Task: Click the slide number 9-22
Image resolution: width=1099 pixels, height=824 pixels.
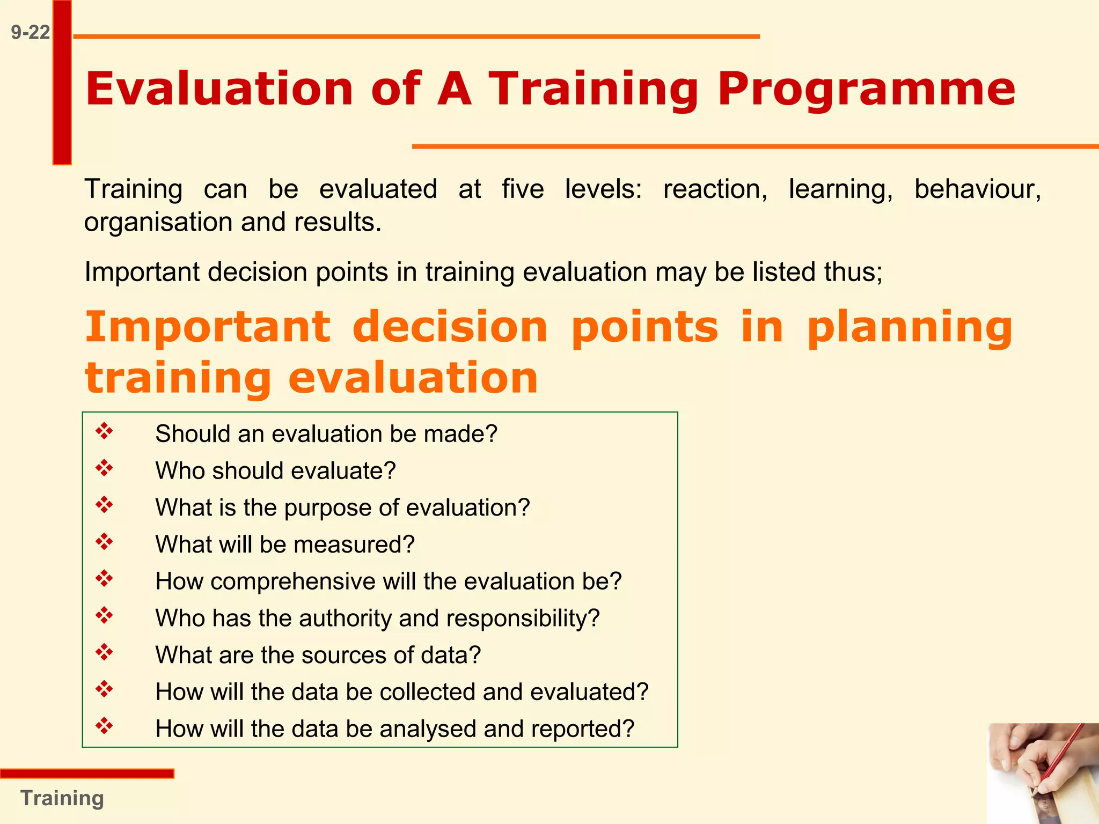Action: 30,33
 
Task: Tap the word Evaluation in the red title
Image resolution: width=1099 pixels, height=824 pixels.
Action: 219,89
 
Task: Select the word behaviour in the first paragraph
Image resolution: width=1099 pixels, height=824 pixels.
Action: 978,189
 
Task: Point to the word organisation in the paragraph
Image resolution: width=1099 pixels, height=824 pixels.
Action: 158,223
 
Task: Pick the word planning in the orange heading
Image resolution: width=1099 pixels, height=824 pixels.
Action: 910,328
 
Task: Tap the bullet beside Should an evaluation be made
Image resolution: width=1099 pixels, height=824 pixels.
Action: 104,431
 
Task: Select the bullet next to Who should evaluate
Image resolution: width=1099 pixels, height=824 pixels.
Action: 104,468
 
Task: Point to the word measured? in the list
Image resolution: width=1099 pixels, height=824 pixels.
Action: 354,545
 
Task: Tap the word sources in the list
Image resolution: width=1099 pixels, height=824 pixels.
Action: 342,656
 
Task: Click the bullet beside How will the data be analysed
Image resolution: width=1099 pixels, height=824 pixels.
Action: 104,726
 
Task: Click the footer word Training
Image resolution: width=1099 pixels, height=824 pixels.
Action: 62,798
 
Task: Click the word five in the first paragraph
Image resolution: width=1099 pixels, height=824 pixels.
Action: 523,189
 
